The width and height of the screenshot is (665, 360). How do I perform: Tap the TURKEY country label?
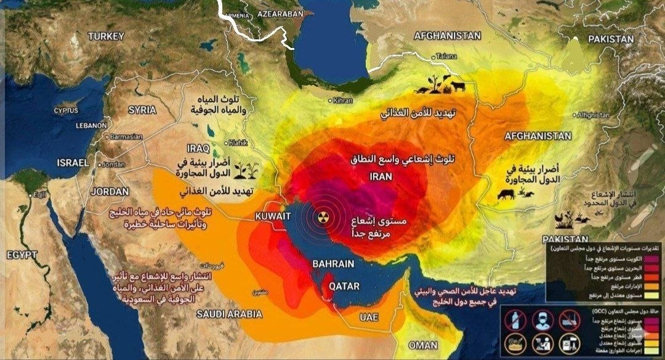(x=106, y=37)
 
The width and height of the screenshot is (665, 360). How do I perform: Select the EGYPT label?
(x=22, y=255)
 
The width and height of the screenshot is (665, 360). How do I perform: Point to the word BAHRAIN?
(x=333, y=264)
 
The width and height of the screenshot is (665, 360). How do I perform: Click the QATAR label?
(x=344, y=286)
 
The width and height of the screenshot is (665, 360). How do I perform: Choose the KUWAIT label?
(x=273, y=217)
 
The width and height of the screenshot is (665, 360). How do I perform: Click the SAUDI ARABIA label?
(x=230, y=314)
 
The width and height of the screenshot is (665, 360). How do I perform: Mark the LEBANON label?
(x=92, y=125)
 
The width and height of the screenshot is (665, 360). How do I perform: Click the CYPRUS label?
(x=66, y=111)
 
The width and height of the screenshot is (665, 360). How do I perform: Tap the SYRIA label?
(x=142, y=110)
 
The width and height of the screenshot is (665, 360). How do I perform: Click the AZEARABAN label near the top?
(x=281, y=13)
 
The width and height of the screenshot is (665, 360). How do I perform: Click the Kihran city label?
(x=344, y=100)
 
